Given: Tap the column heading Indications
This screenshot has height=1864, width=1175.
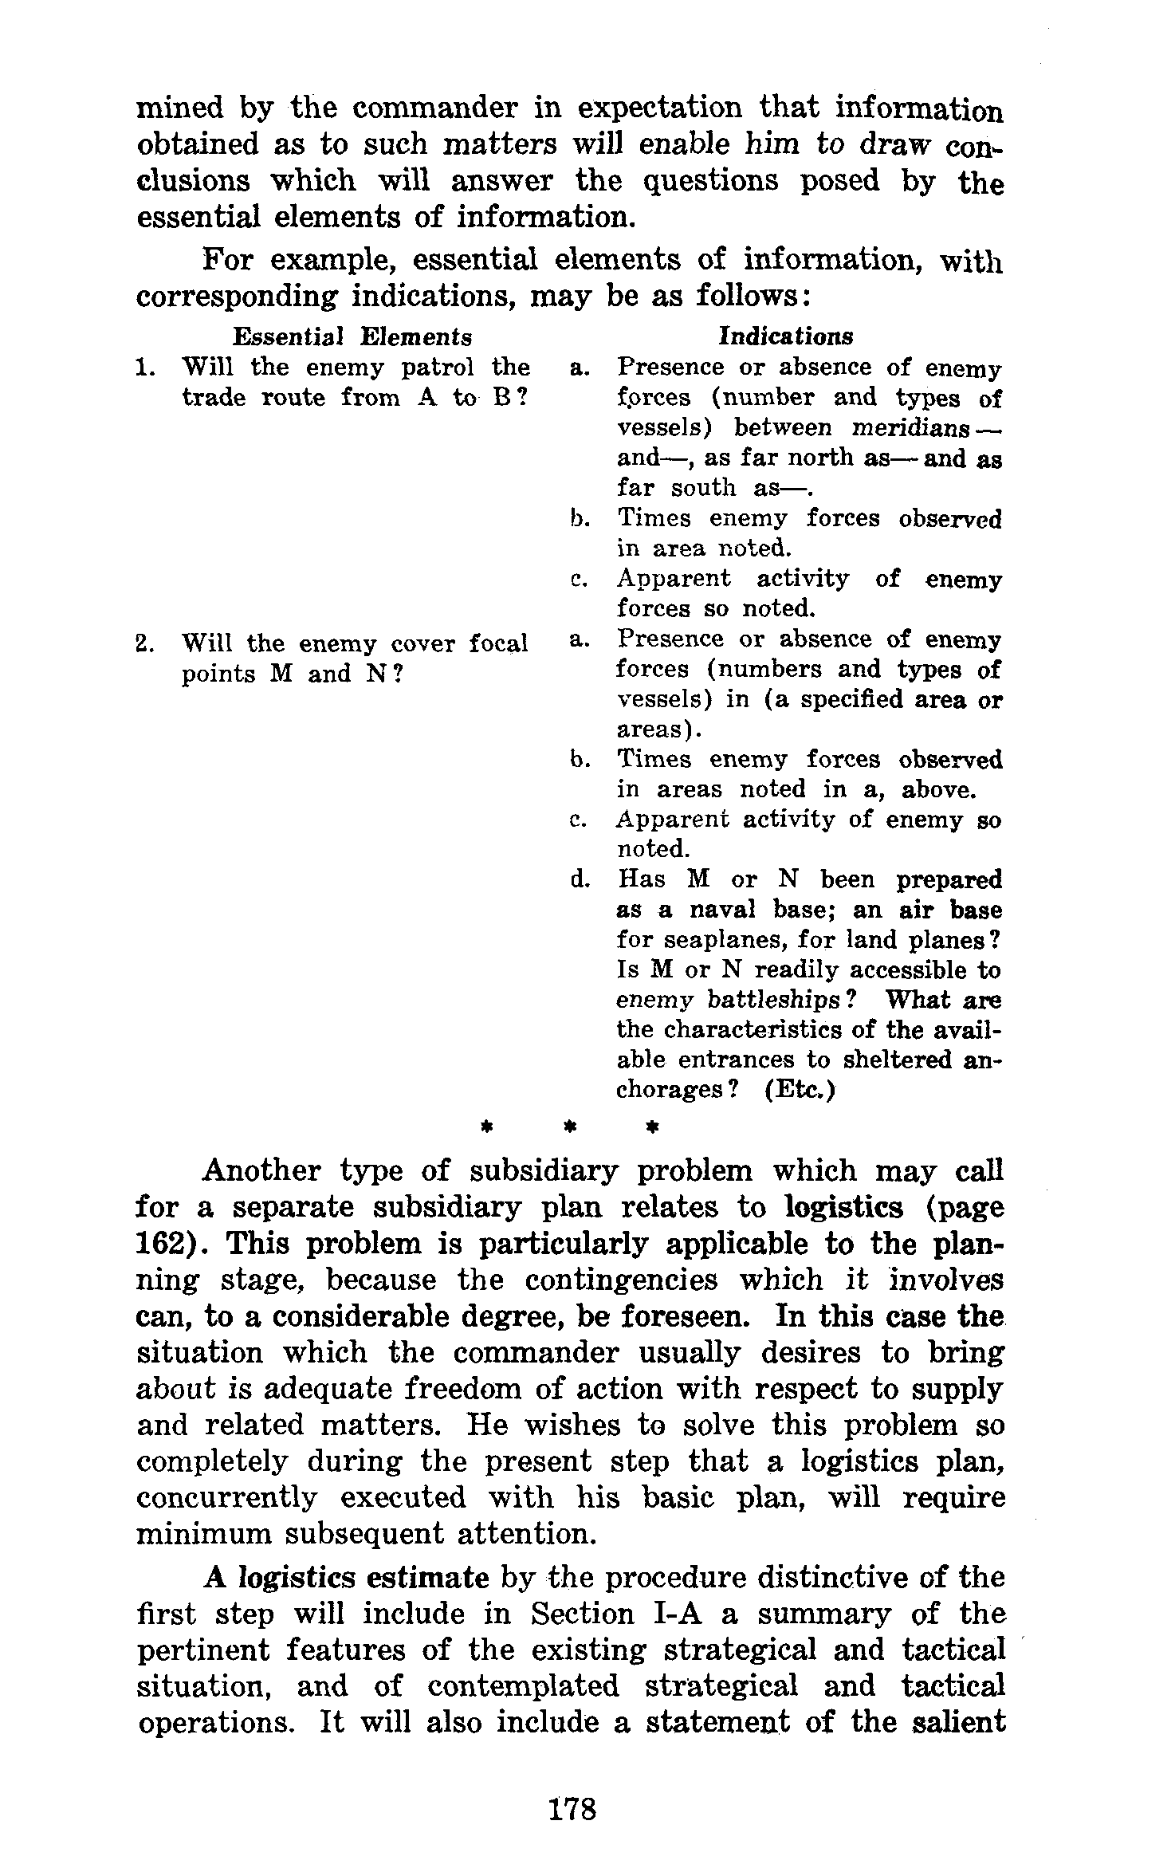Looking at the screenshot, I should [785, 336].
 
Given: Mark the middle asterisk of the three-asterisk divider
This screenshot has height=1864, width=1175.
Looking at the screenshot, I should [569, 1127].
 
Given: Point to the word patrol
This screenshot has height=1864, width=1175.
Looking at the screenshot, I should [436, 368].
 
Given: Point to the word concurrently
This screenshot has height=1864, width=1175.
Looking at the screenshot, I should [226, 1498].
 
